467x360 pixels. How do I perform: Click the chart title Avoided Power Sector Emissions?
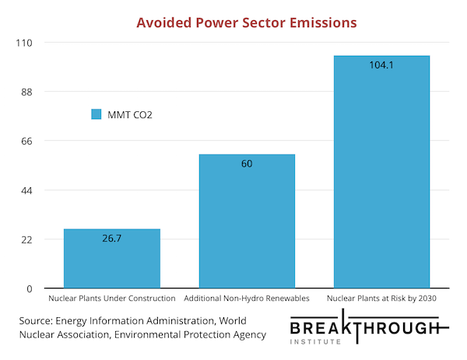click(247, 23)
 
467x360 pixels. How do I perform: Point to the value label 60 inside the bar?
click(247, 163)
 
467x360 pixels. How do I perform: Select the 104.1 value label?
click(381, 65)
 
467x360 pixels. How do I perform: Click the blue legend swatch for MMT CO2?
click(97, 114)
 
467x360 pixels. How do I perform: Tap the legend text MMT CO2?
click(129, 114)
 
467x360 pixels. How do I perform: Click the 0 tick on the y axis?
click(30, 288)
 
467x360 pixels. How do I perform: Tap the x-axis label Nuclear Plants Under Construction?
click(111, 299)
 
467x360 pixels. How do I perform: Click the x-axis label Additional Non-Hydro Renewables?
click(247, 299)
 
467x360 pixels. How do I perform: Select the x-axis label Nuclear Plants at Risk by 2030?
click(381, 299)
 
